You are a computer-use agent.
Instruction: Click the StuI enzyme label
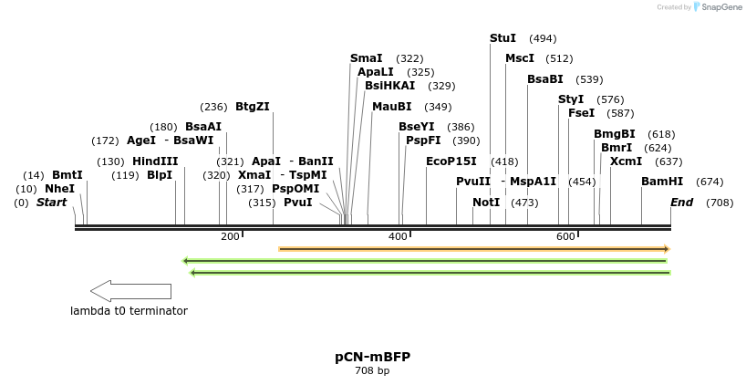tap(503, 38)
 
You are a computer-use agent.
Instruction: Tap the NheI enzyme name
tap(59, 189)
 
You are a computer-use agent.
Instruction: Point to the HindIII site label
tap(155, 161)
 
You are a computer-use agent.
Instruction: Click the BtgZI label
tap(253, 107)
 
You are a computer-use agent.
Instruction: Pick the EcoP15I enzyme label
tap(451, 161)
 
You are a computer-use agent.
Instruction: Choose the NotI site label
tap(486, 203)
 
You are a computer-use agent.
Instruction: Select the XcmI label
tap(626, 161)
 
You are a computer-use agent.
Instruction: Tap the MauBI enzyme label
tap(392, 107)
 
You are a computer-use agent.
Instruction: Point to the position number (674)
tap(710, 182)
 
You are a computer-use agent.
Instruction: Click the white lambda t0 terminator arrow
tap(130, 291)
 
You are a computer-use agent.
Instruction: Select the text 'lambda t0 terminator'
tap(129, 311)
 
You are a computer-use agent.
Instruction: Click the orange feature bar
tap(474, 249)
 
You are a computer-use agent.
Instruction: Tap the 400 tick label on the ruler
tap(399, 237)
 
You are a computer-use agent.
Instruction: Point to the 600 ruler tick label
tap(565, 237)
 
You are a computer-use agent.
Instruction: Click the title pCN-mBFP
tap(372, 357)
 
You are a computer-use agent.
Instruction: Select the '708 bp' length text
tap(372, 370)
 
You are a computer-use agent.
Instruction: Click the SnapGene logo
tap(718, 7)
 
